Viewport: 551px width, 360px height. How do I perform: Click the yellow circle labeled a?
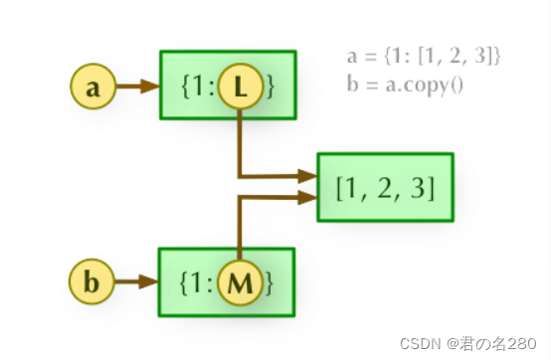(93, 87)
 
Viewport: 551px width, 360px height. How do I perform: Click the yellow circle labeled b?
(92, 283)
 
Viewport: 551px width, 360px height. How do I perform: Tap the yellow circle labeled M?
(240, 283)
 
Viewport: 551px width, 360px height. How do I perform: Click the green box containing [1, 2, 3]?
(385, 187)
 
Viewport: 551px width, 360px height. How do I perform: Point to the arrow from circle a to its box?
(137, 87)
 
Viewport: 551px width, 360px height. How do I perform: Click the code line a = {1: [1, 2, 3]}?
(417, 57)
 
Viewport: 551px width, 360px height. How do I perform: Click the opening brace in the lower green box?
(185, 284)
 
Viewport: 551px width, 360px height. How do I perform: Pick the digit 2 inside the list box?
(385, 188)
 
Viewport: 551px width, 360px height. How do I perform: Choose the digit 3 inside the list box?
(417, 188)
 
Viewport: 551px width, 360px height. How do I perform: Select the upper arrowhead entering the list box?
(306, 176)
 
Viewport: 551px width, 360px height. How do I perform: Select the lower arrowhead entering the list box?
(306, 197)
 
